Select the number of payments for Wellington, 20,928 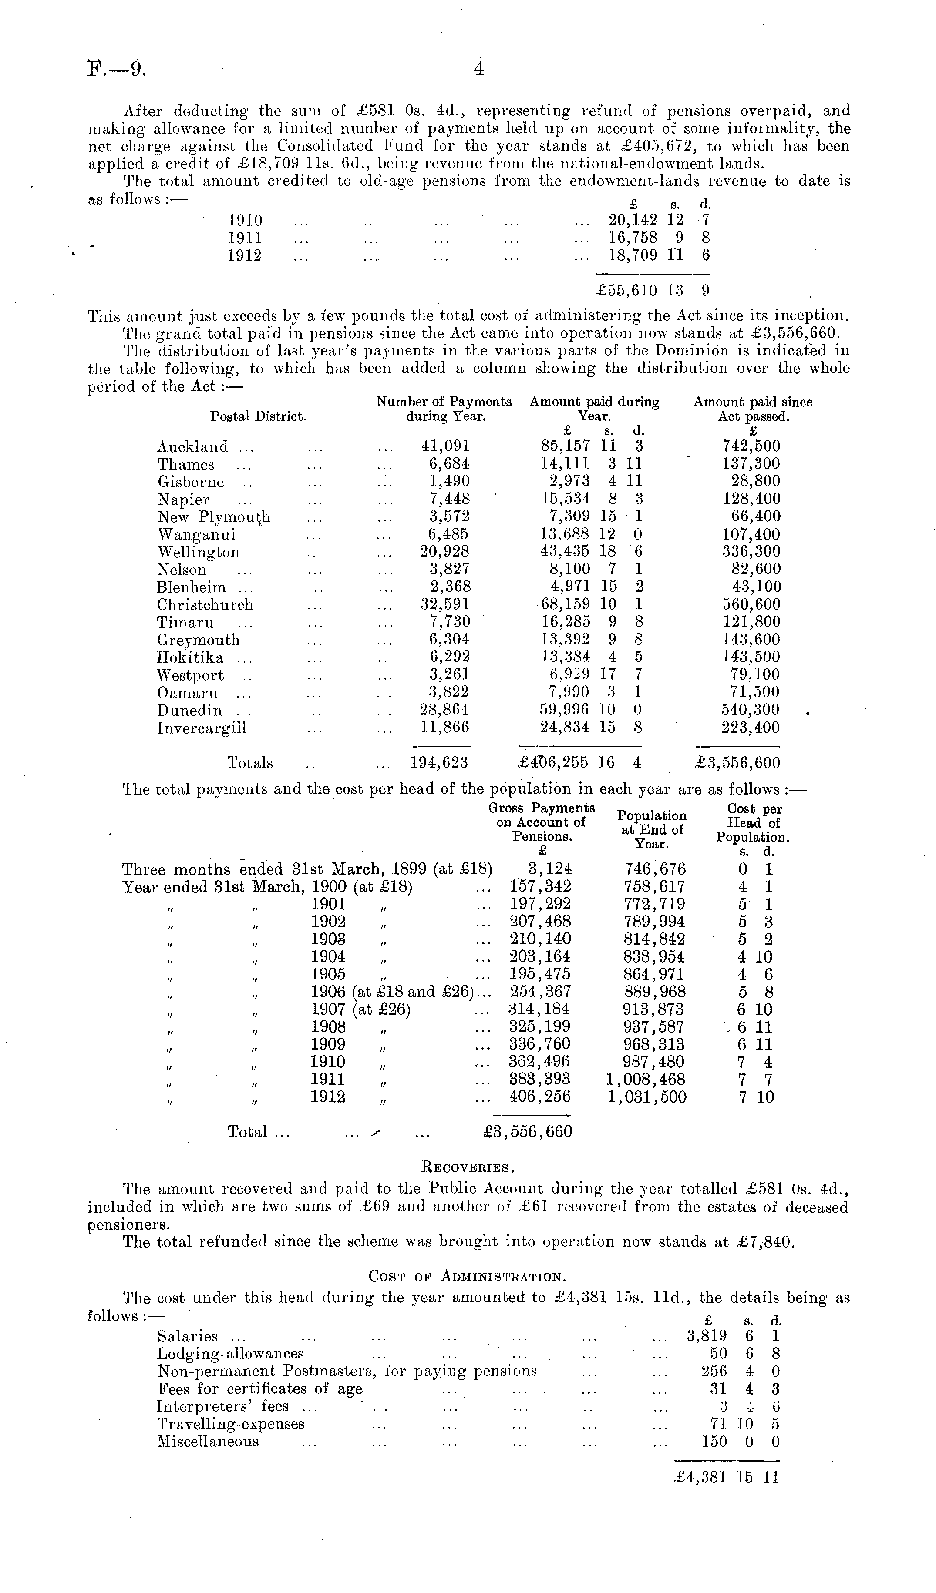point(444,552)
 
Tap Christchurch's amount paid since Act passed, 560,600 point(751,604)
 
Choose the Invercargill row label point(201,728)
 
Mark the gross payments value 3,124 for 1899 point(550,869)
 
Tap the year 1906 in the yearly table point(327,992)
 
